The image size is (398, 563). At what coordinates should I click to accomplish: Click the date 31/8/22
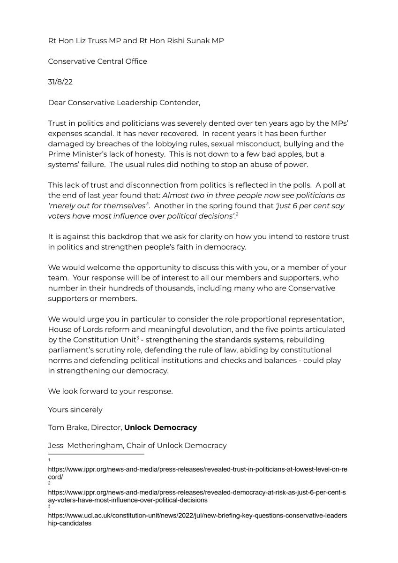(60, 82)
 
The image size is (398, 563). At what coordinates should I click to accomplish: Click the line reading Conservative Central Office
(98, 61)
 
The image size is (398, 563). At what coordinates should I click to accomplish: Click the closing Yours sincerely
(75, 410)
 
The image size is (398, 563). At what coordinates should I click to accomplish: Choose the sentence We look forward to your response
(110, 391)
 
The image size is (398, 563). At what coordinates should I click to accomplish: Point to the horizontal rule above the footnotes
(96, 454)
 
